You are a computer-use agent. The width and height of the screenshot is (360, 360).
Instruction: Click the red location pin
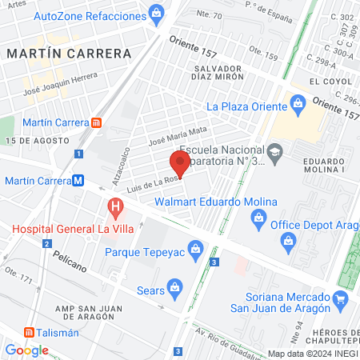pos(180,163)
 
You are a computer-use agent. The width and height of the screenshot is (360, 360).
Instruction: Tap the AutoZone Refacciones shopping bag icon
pos(157,14)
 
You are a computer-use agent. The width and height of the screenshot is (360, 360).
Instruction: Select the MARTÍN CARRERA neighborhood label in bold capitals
pos(68,54)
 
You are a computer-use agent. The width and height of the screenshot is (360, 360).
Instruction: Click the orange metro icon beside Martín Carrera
pos(97,122)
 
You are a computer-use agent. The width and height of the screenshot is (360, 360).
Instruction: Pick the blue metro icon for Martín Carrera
pos(78,181)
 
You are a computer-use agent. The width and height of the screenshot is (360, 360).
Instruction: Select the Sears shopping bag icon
pos(180,283)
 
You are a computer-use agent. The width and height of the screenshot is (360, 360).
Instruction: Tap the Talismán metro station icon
pos(29,332)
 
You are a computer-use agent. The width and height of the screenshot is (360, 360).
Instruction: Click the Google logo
pos(26,350)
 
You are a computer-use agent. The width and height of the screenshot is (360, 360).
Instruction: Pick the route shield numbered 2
pos(48,243)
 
